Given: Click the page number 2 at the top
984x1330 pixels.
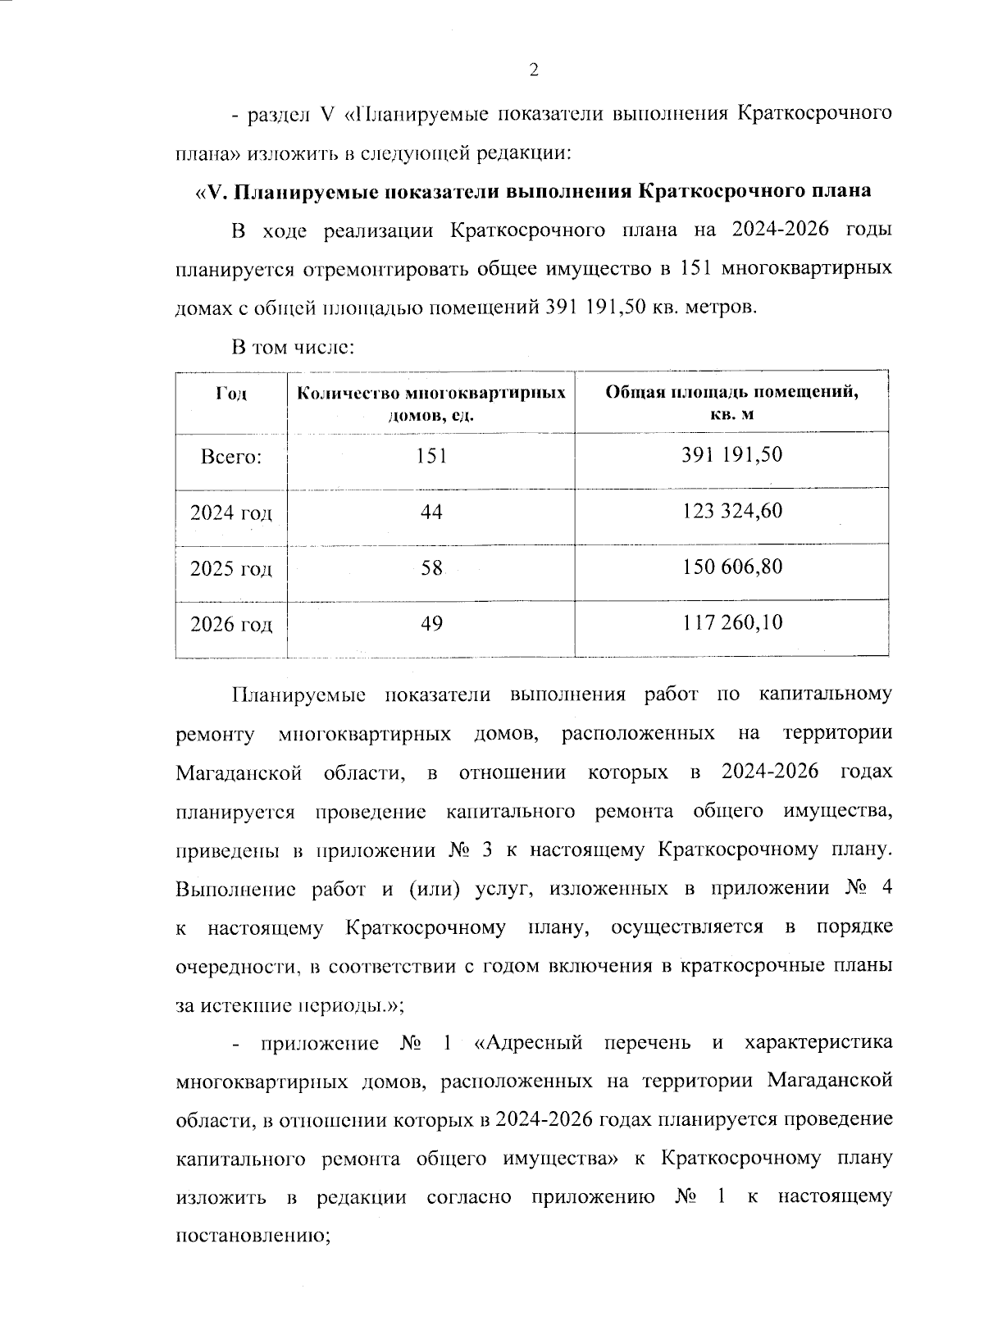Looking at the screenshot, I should [534, 71].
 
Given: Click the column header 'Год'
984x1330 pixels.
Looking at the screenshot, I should [231, 394].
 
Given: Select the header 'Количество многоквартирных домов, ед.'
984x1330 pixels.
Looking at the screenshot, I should [431, 403].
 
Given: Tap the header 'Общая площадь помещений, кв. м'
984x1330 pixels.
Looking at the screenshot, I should [731, 402].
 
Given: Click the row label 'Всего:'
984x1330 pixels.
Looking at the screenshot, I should [231, 457].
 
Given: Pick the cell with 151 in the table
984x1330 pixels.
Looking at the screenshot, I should [431, 456].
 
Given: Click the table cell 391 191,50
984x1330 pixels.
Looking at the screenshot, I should [731, 455].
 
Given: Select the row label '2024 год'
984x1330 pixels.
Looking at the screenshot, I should [231, 513].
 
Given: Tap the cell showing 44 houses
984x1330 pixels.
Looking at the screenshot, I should [431, 512].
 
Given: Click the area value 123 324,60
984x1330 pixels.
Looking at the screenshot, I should [731, 512].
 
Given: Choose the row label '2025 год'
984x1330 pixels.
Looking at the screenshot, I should [231, 569].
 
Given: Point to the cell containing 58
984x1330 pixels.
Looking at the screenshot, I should [431, 568].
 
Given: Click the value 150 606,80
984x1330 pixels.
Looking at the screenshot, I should [731, 567].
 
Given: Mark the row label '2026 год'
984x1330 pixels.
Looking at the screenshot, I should [231, 625].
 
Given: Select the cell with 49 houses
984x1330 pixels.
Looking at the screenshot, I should [431, 624].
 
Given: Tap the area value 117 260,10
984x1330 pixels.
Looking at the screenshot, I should [731, 623].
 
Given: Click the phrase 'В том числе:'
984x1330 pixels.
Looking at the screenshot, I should [293, 348].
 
